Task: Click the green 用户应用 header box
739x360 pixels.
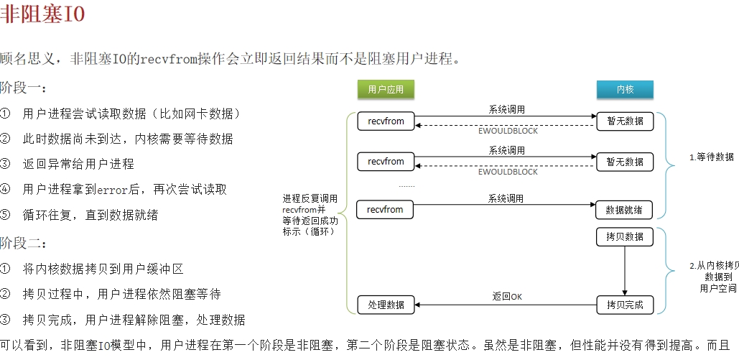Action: (386, 89)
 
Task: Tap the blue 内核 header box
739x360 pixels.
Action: (625, 89)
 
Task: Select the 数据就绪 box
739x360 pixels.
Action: (624, 210)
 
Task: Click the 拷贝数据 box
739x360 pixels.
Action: (624, 236)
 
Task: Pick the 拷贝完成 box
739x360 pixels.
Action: (624, 305)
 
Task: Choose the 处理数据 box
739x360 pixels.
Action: (386, 305)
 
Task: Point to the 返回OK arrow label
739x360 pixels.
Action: (507, 296)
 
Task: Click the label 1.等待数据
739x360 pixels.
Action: (712, 157)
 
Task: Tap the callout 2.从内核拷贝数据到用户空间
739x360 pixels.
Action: (714, 277)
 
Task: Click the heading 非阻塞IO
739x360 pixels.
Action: (42, 15)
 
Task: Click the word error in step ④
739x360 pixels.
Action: (113, 190)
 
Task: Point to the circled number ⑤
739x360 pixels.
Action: (6, 215)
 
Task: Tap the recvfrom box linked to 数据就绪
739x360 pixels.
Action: (386, 210)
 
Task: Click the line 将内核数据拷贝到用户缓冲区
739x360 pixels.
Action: (103, 269)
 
